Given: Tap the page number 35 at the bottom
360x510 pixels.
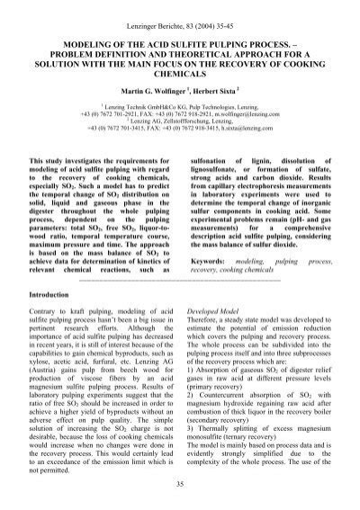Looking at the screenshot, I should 181,486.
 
